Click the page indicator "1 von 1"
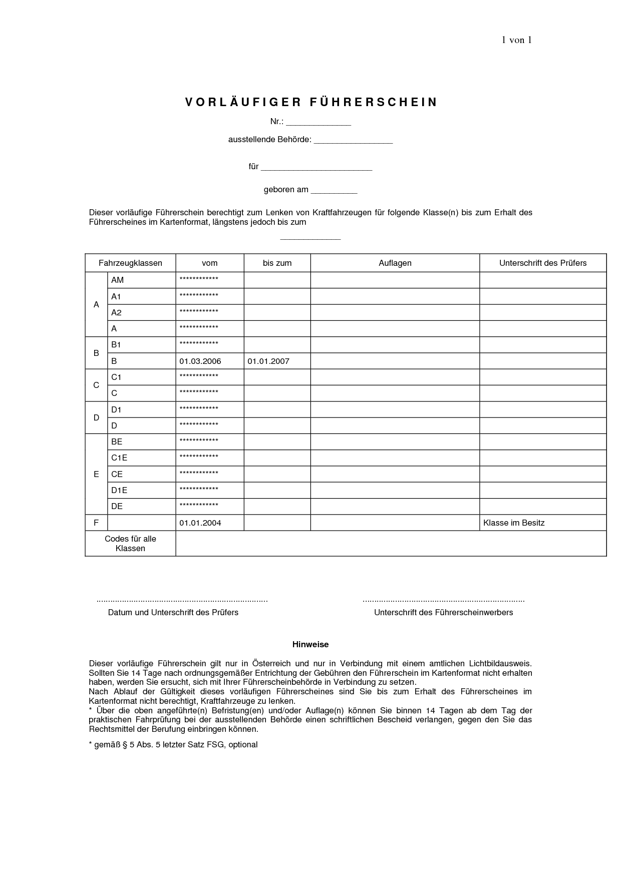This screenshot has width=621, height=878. tap(516, 41)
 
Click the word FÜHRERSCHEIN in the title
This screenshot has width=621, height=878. tap(374, 102)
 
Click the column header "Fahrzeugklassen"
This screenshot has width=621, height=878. tap(130, 263)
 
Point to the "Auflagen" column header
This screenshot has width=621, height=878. tap(395, 263)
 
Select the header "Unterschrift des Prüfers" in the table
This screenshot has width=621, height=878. tap(542, 263)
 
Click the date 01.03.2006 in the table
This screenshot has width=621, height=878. tap(200, 361)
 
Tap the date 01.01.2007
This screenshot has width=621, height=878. tap(268, 361)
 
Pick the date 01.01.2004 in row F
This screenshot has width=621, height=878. tap(200, 523)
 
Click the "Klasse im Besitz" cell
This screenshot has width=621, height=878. tap(513, 523)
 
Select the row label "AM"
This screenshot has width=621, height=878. tap(117, 280)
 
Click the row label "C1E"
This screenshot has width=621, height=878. tap(119, 458)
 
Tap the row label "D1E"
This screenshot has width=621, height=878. tap(119, 491)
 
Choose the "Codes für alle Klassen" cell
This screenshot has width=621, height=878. tap(130, 544)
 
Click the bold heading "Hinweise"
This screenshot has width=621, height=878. tap(310, 645)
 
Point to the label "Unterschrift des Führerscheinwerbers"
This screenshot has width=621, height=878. tap(443, 613)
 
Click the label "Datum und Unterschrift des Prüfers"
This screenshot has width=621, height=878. tap(173, 613)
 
